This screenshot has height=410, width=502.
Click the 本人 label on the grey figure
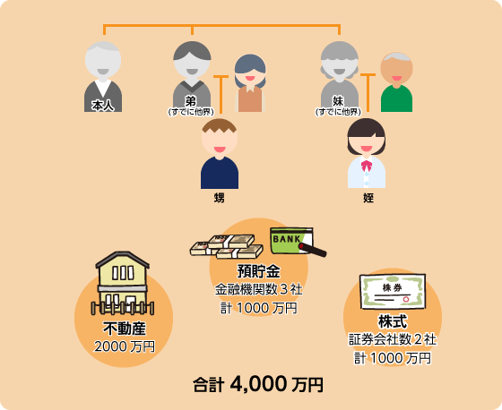point(103,106)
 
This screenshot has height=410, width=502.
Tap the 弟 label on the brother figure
point(190,101)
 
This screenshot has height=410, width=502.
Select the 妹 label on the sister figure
point(338,101)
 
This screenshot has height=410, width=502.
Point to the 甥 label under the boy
point(220,198)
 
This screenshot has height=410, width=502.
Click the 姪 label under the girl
point(368,198)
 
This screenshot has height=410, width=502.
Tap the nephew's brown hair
point(220,125)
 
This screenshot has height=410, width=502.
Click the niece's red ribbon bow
point(367,166)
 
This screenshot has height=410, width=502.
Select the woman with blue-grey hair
point(250,83)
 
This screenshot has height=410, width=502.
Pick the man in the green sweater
point(396,82)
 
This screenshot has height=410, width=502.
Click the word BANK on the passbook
point(287,239)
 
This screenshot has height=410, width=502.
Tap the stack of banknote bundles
point(227,246)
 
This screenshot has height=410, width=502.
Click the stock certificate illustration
point(393,291)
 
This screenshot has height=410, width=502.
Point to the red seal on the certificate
point(406,299)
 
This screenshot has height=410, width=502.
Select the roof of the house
point(123,259)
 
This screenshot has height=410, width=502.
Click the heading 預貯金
point(258,271)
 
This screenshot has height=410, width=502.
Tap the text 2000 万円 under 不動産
point(125,346)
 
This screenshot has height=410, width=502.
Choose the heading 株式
point(393,321)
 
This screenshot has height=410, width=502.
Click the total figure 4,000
point(258,384)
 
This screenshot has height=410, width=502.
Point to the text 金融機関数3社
point(259,289)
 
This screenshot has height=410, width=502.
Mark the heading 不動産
point(125,329)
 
